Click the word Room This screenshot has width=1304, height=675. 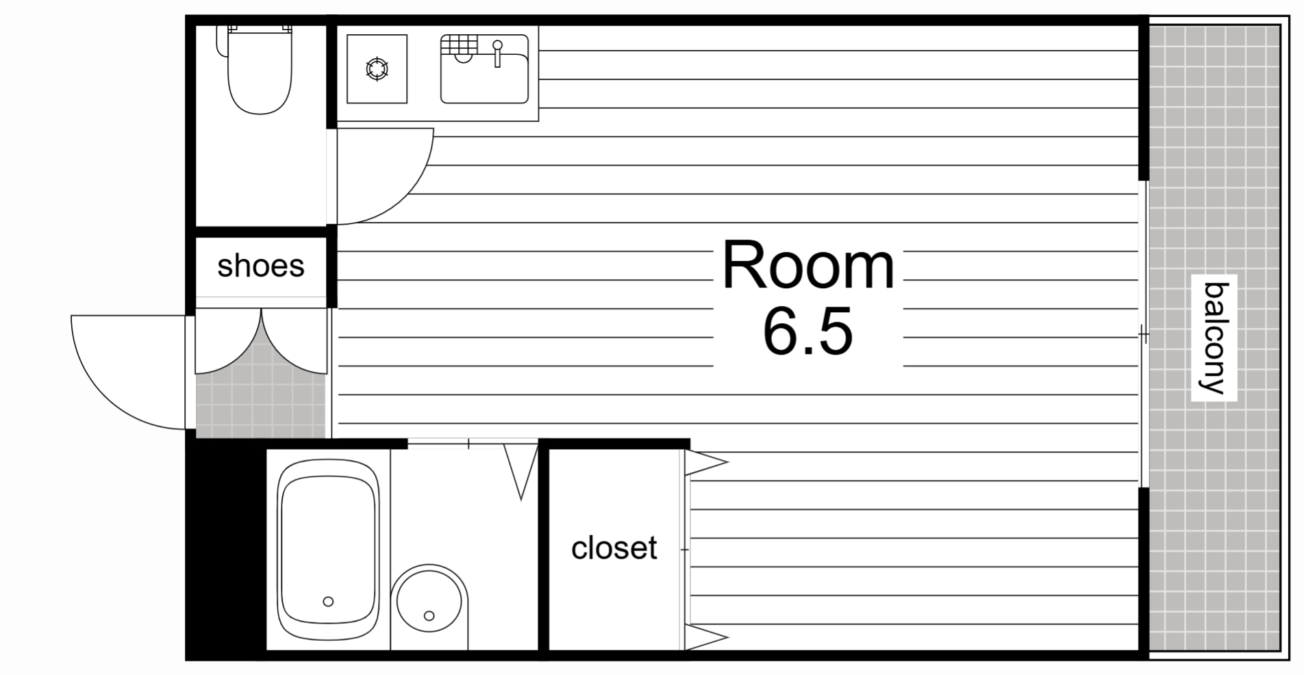pyautogui.click(x=808, y=265)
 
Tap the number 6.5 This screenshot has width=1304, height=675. pyautogui.click(x=807, y=331)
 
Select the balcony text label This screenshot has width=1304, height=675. pyautogui.click(x=1214, y=338)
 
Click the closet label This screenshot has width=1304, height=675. pyautogui.click(x=614, y=548)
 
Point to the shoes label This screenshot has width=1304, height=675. pyautogui.click(x=261, y=266)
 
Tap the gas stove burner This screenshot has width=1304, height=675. pyautogui.click(x=377, y=69)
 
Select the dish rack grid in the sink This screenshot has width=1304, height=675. pyautogui.click(x=458, y=44)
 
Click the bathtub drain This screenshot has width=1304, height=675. pyautogui.click(x=328, y=601)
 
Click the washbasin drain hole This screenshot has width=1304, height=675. pyautogui.click(x=429, y=615)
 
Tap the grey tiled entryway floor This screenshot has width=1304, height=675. pyautogui.click(x=261, y=404)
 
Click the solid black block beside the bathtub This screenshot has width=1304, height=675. pyautogui.click(x=226, y=548)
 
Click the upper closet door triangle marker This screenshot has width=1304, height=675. pyautogui.click(x=705, y=463)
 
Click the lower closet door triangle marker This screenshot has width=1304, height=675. pyautogui.click(x=705, y=637)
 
